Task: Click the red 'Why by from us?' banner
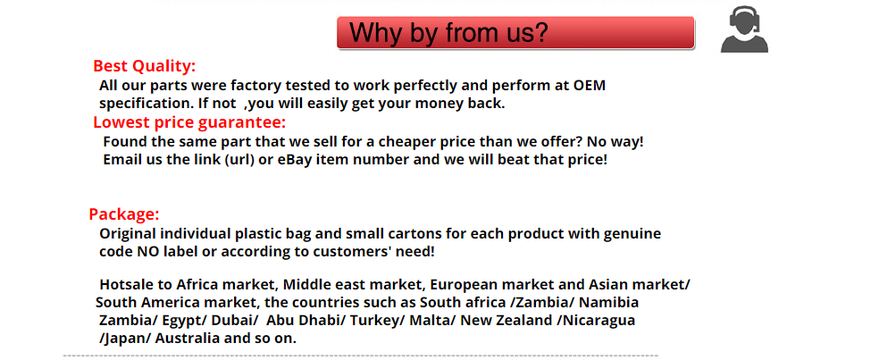(x=515, y=32)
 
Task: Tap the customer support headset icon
(x=744, y=29)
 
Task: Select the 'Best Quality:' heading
(x=145, y=66)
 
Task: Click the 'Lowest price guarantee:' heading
(x=189, y=122)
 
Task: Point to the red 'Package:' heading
(x=124, y=214)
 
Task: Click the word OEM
(x=590, y=86)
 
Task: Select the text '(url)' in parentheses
(x=240, y=160)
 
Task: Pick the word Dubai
(x=236, y=322)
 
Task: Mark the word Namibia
(x=608, y=303)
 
